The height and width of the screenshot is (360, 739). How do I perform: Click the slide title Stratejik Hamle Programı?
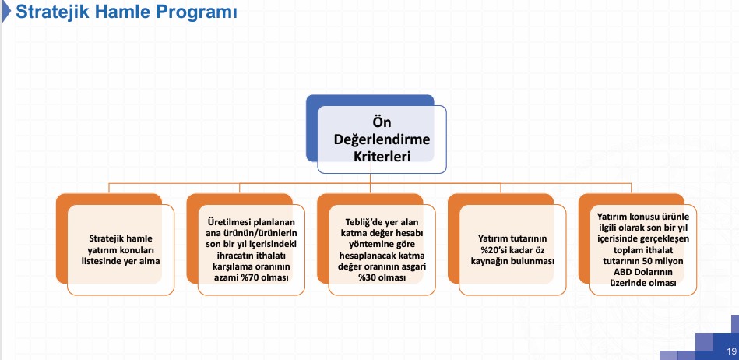[x=126, y=12]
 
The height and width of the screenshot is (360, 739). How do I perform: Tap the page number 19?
[x=731, y=351]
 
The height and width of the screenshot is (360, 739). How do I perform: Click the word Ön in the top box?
[x=382, y=122]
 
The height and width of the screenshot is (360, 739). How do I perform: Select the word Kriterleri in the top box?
[x=382, y=156]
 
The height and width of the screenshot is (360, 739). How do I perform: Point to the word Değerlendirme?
[x=382, y=139]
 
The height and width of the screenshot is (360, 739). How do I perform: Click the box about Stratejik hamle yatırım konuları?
[x=121, y=250]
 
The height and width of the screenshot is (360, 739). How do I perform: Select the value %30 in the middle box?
[x=368, y=277]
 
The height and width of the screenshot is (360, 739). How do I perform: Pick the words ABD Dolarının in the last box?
[x=643, y=272]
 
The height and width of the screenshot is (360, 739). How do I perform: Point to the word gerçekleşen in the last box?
[x=664, y=238]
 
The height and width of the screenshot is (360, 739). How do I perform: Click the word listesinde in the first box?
[x=104, y=261]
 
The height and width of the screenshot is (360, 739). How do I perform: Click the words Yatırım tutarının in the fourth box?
[x=512, y=239]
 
